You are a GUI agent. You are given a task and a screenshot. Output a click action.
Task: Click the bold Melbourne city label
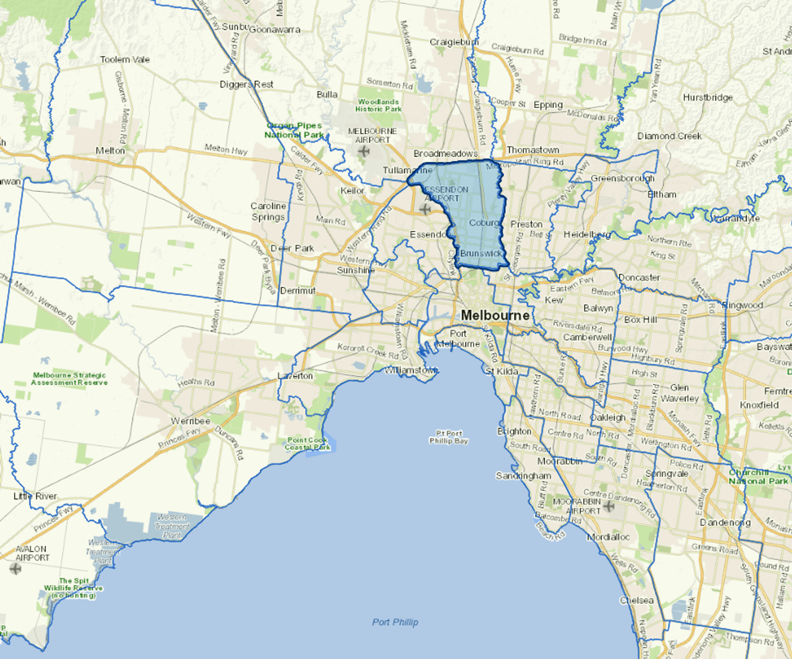(x=495, y=315)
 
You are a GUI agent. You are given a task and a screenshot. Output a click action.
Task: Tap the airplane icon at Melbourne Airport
(x=364, y=151)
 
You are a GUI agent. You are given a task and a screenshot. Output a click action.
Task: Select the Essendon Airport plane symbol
(x=425, y=209)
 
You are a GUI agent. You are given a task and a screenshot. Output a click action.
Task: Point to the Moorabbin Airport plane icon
(x=608, y=506)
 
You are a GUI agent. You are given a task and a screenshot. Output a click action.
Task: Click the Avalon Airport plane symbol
(x=15, y=568)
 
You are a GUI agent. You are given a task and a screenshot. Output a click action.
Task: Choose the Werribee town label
(x=190, y=421)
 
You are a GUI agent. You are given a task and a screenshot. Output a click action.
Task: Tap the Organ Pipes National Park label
(x=294, y=130)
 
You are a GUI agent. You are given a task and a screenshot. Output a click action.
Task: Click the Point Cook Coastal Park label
(x=307, y=443)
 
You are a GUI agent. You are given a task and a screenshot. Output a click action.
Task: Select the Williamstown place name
(x=410, y=370)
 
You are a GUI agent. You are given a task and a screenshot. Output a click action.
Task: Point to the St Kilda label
(x=502, y=371)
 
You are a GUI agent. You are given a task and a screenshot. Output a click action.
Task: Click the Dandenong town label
(x=725, y=522)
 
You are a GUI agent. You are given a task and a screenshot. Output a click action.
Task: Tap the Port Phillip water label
(x=395, y=622)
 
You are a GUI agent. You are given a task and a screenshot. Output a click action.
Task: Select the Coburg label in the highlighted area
(x=484, y=223)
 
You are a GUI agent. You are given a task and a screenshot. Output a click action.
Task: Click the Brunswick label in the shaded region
(x=481, y=253)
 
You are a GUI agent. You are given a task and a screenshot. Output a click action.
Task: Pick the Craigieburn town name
(x=454, y=42)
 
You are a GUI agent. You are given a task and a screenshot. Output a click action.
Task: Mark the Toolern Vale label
(x=125, y=59)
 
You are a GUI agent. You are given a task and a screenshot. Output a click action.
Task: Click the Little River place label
(x=35, y=496)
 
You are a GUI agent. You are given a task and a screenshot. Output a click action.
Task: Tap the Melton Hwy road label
(x=226, y=149)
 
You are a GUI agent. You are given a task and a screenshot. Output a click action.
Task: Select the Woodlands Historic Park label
(x=378, y=105)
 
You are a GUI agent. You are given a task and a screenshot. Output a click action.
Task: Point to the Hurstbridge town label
(x=708, y=97)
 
